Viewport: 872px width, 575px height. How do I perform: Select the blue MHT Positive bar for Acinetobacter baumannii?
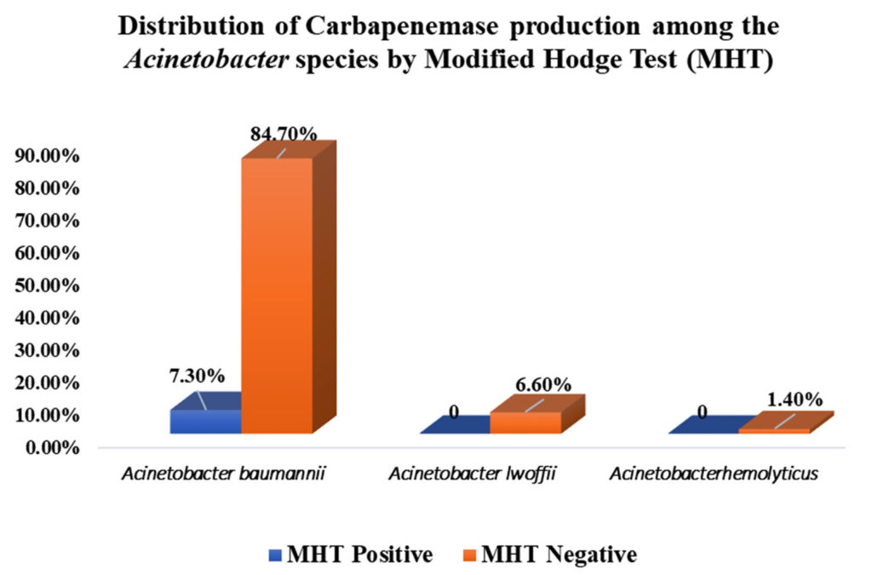click(206, 421)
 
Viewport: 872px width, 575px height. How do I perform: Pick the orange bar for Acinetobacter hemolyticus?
click(773, 431)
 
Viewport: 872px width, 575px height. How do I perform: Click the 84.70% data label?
click(284, 134)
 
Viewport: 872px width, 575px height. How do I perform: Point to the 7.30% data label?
click(197, 375)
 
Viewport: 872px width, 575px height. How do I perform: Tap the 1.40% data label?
click(794, 399)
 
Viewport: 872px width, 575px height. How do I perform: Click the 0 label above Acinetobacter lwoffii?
click(455, 413)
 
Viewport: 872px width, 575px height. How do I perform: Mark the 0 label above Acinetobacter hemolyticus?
click(703, 413)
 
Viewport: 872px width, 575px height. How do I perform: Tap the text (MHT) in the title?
click(731, 62)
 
